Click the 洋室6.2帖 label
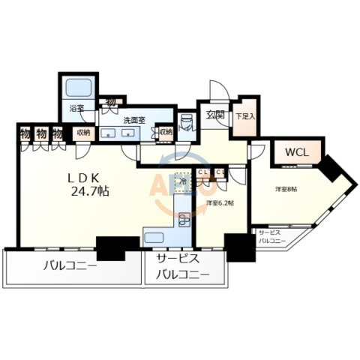[217, 202]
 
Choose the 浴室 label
[77, 108]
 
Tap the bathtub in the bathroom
[77, 87]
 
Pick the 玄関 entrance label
[215, 115]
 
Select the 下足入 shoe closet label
[244, 116]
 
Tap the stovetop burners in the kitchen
[184, 220]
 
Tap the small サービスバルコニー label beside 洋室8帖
[272, 237]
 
